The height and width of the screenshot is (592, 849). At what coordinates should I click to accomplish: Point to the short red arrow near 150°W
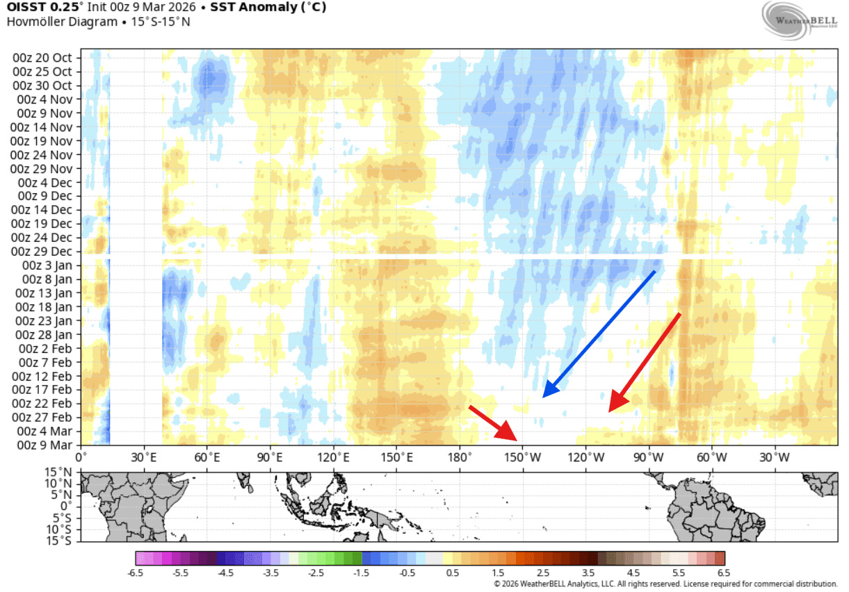tap(493, 422)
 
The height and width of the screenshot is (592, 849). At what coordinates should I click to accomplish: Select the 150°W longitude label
tap(523, 457)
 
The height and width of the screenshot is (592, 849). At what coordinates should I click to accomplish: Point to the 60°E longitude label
tap(207, 457)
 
